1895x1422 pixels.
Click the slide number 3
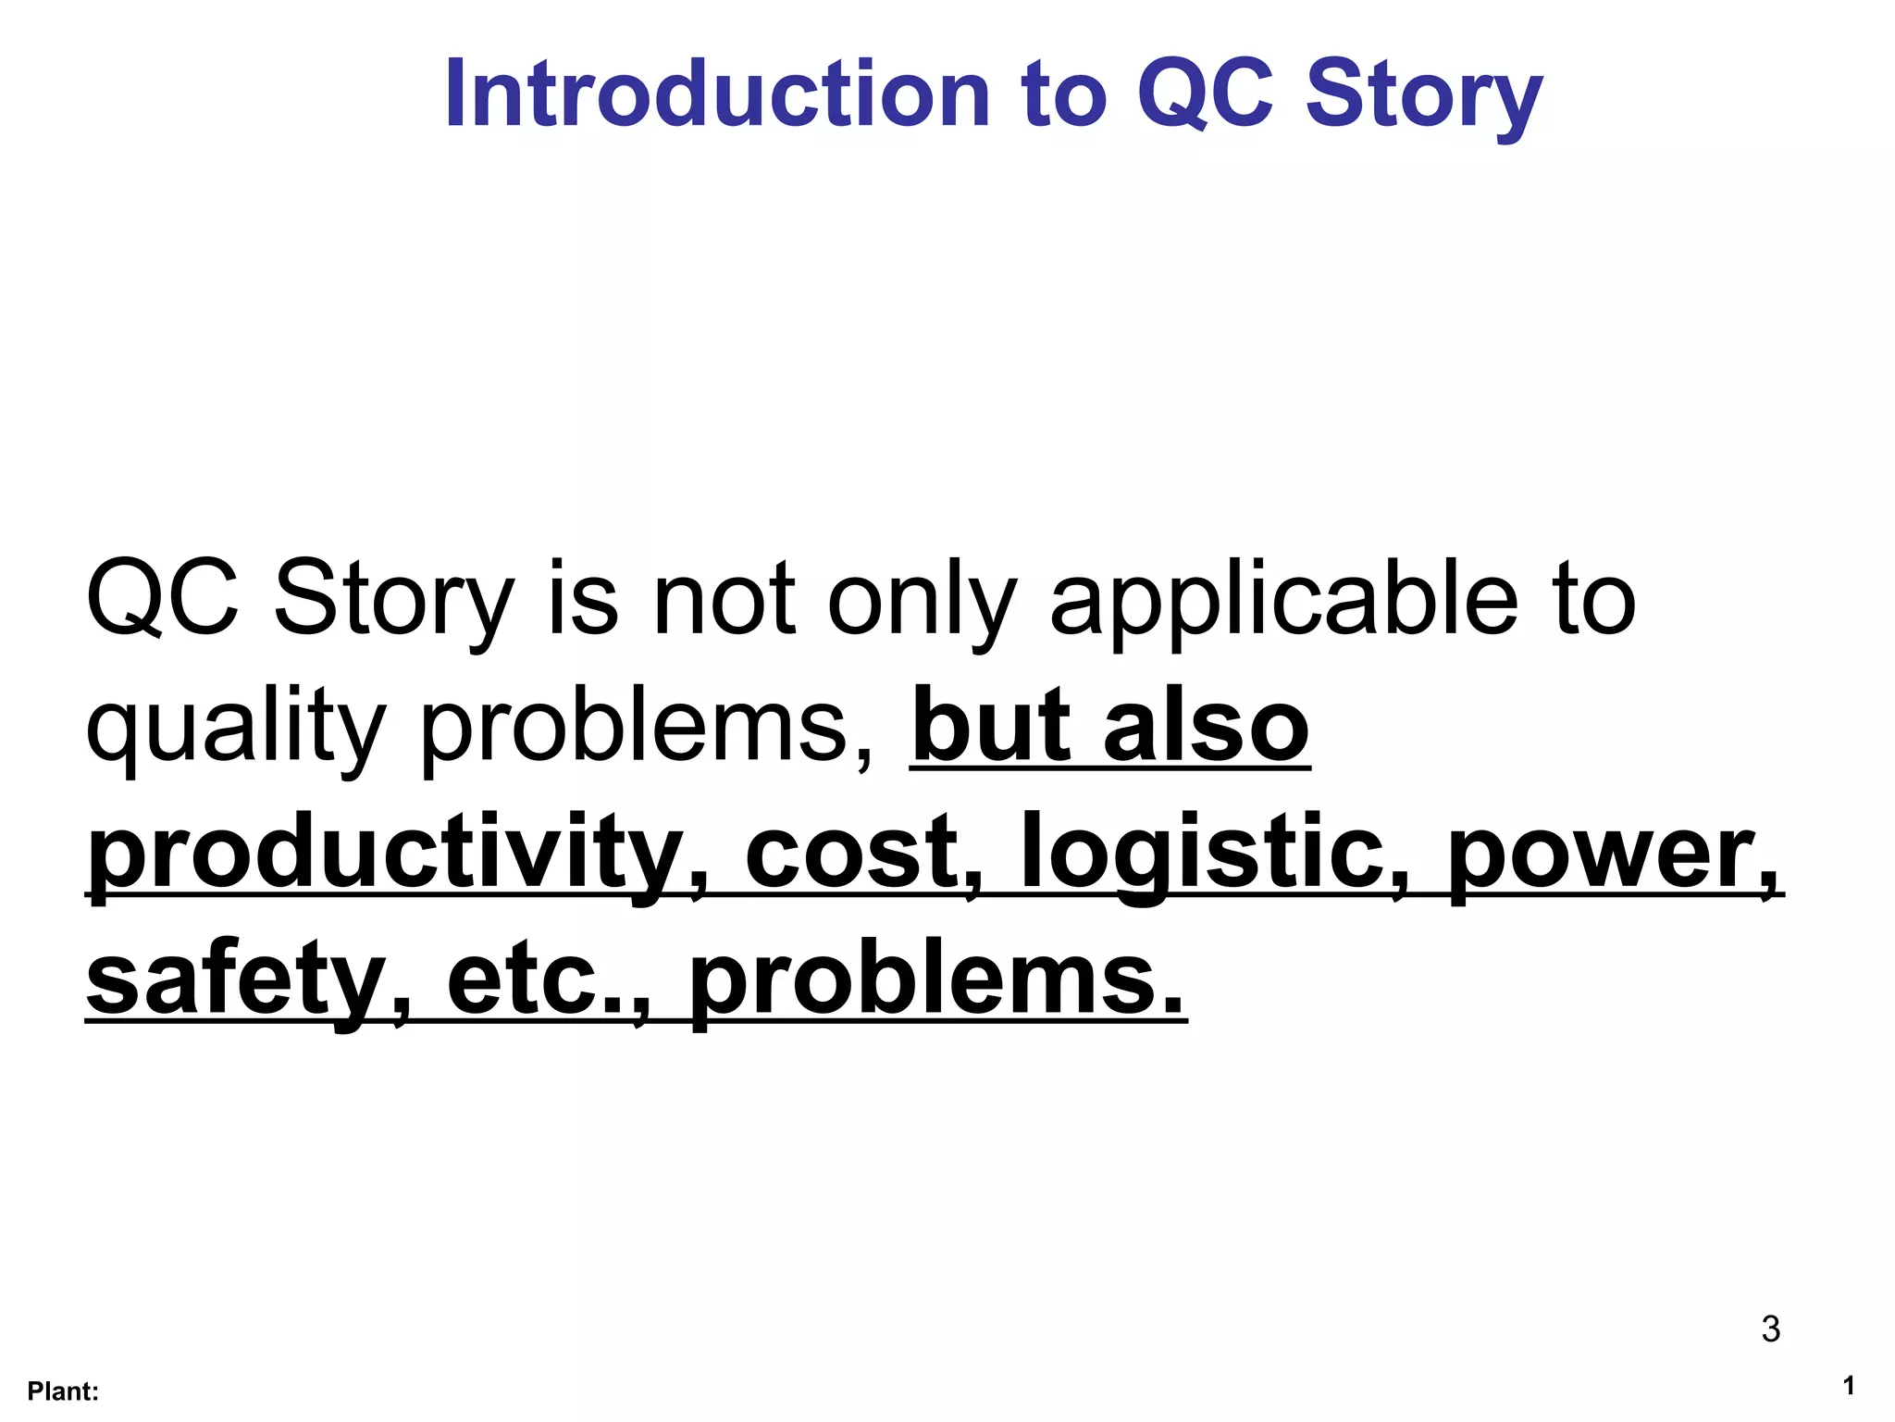click(1770, 1328)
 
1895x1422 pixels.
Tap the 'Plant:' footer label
click(63, 1391)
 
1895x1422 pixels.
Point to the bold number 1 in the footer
click(1848, 1386)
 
